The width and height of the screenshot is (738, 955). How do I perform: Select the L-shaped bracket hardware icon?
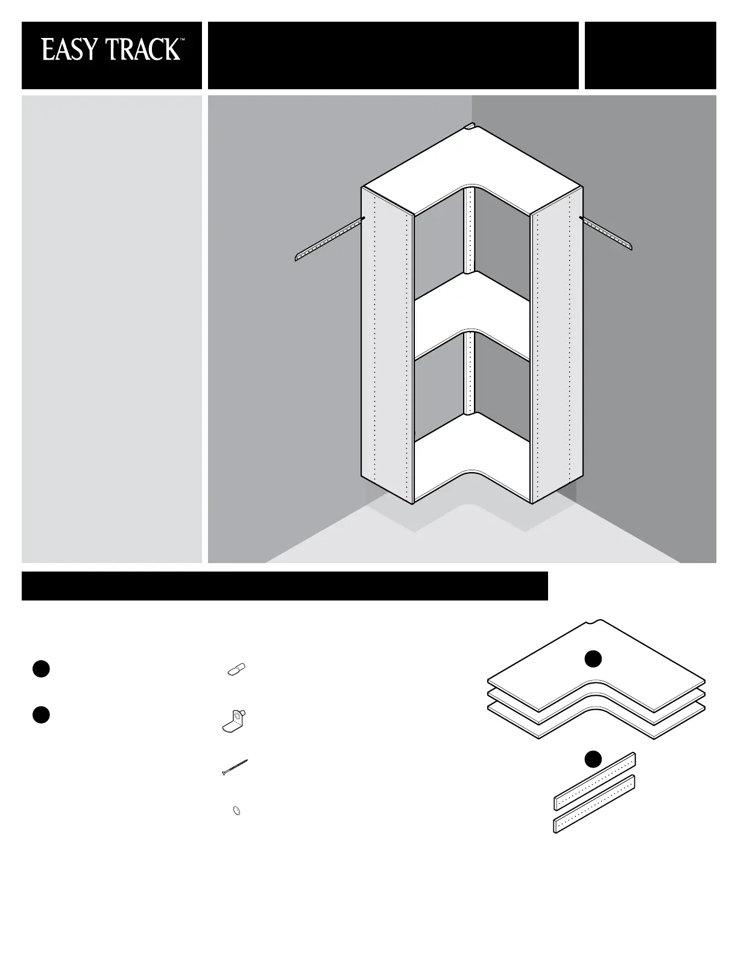tap(235, 721)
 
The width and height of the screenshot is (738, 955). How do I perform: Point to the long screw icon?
tap(235, 767)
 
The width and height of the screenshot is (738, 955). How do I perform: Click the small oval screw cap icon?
tap(236, 810)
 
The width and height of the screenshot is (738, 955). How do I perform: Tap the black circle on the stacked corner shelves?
tap(593, 659)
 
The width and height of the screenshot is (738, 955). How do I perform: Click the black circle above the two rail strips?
tap(593, 760)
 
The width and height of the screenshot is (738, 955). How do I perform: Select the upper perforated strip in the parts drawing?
tap(594, 781)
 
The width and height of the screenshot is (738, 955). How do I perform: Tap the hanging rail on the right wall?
tap(606, 233)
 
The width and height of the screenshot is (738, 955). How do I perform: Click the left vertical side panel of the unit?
tap(387, 345)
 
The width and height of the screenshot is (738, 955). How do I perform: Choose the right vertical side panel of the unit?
tap(557, 345)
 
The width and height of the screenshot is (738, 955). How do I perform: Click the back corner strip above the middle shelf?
tap(470, 232)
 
